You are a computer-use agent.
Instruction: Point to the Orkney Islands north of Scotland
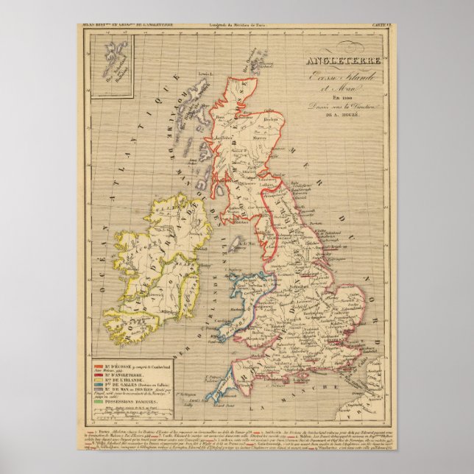tap(258, 63)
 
